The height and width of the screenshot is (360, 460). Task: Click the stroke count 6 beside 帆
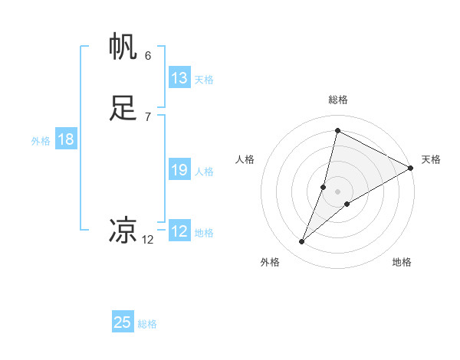[148, 56]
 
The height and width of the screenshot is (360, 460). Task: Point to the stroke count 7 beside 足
[148, 116]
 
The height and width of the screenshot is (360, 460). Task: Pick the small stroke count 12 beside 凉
[148, 240]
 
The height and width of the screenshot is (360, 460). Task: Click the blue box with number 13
[179, 78]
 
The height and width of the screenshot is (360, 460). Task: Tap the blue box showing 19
[179, 170]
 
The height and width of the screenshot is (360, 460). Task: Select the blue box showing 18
[65, 139]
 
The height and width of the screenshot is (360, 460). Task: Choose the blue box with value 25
[122, 322]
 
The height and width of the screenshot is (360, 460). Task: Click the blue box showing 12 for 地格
[179, 231]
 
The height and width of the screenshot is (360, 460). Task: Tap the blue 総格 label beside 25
[148, 324]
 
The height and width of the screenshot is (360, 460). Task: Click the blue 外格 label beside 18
[41, 140]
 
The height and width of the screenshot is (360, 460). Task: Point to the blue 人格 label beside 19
[205, 172]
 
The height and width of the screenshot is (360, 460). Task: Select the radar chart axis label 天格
[431, 159]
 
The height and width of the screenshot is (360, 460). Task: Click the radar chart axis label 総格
[338, 100]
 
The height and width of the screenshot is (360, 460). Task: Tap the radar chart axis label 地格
[402, 262]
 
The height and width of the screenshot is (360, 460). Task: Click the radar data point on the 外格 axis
[302, 242]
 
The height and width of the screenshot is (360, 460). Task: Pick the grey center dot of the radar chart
[338, 191]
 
